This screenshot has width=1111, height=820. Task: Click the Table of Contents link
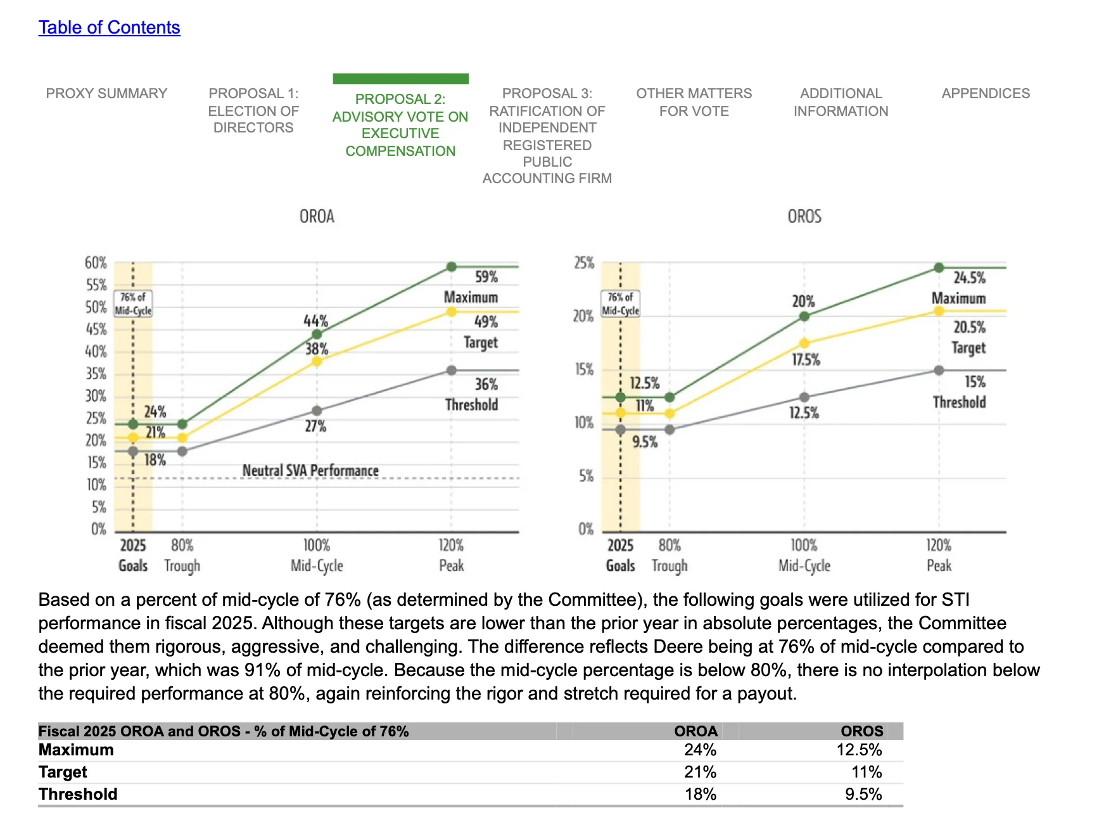tap(109, 27)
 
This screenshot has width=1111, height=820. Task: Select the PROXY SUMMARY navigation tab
tap(106, 93)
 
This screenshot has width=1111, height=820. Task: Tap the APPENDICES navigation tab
tap(986, 93)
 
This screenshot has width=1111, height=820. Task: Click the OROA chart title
tap(317, 217)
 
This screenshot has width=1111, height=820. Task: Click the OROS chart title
tap(804, 217)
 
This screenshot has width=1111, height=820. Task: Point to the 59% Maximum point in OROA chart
tap(452, 267)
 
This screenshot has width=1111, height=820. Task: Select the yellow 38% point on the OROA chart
tap(317, 361)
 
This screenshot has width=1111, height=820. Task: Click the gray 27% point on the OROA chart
tap(317, 411)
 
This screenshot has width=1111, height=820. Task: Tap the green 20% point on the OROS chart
tap(804, 316)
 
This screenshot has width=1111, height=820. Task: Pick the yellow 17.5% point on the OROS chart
tap(804, 343)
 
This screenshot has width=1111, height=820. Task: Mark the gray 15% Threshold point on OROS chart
tap(939, 370)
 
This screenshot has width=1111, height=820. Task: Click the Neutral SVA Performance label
tap(310, 470)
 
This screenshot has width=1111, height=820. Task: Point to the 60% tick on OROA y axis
tap(96, 262)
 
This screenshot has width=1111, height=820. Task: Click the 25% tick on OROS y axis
tap(584, 262)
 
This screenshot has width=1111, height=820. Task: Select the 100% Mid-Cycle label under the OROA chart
tap(317, 555)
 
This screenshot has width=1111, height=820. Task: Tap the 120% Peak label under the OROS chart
tap(939, 555)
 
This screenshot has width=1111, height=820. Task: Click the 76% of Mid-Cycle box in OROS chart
tap(621, 304)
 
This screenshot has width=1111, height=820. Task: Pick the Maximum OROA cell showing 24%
tap(700, 750)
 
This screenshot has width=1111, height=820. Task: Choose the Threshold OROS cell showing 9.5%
tap(863, 794)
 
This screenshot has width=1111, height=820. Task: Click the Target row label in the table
tap(63, 772)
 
